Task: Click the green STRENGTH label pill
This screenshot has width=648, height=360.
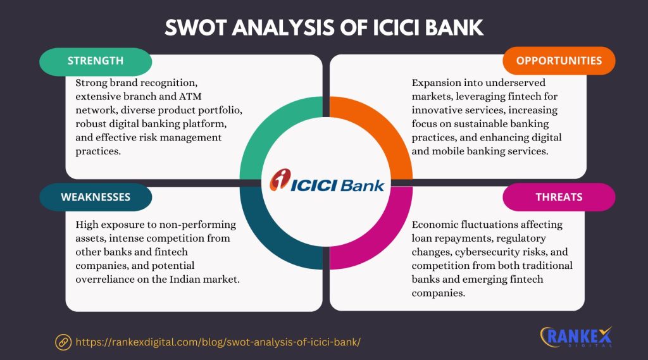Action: (x=96, y=61)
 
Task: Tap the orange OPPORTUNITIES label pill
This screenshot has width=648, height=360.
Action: (x=559, y=61)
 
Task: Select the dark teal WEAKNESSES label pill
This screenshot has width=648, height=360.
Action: (x=96, y=197)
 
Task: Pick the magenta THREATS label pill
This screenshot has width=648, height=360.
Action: (x=559, y=197)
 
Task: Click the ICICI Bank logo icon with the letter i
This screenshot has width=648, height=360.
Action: (x=280, y=180)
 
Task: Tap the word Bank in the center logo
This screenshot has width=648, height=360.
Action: (x=363, y=185)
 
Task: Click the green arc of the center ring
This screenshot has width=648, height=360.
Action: (x=265, y=124)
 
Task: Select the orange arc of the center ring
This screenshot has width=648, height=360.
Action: (x=389, y=124)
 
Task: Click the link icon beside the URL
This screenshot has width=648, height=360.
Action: (x=63, y=342)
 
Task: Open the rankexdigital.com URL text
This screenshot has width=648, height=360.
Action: (x=218, y=342)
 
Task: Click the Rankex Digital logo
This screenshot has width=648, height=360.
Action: (x=576, y=337)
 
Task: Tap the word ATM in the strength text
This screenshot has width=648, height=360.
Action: (x=190, y=96)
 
